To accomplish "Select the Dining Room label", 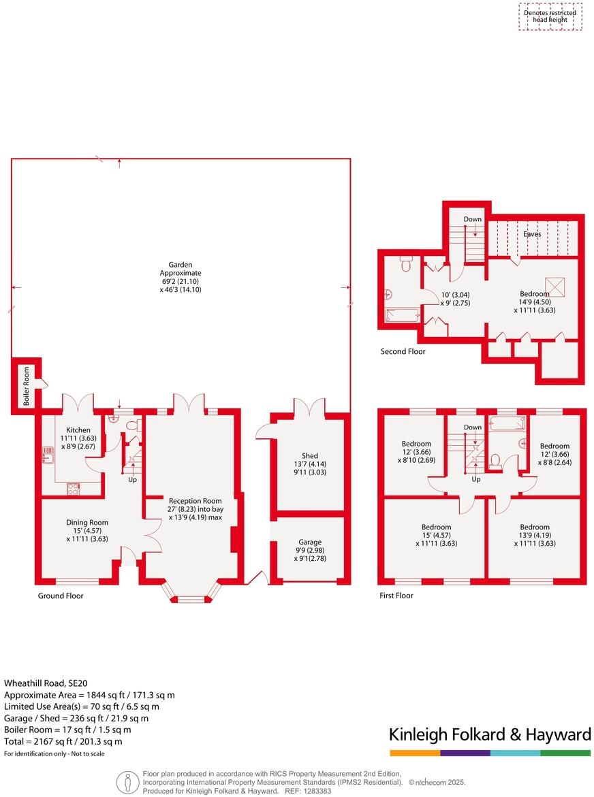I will (87, 530).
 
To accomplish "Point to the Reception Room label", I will (196, 508).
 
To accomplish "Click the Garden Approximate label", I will (181, 277).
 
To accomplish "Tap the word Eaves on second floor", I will (532, 234).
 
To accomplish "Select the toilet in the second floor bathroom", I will (406, 263).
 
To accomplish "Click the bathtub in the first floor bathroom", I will (507, 424).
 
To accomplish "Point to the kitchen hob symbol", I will (74, 488).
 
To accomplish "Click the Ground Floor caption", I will (61, 596).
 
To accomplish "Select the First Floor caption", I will (396, 596).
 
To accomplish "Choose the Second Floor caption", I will (403, 352).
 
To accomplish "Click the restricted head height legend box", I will (550, 16).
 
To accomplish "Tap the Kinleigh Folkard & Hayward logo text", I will (489, 734).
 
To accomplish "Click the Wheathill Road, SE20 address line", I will (46, 683).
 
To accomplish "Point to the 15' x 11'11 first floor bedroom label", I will (436, 535).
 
